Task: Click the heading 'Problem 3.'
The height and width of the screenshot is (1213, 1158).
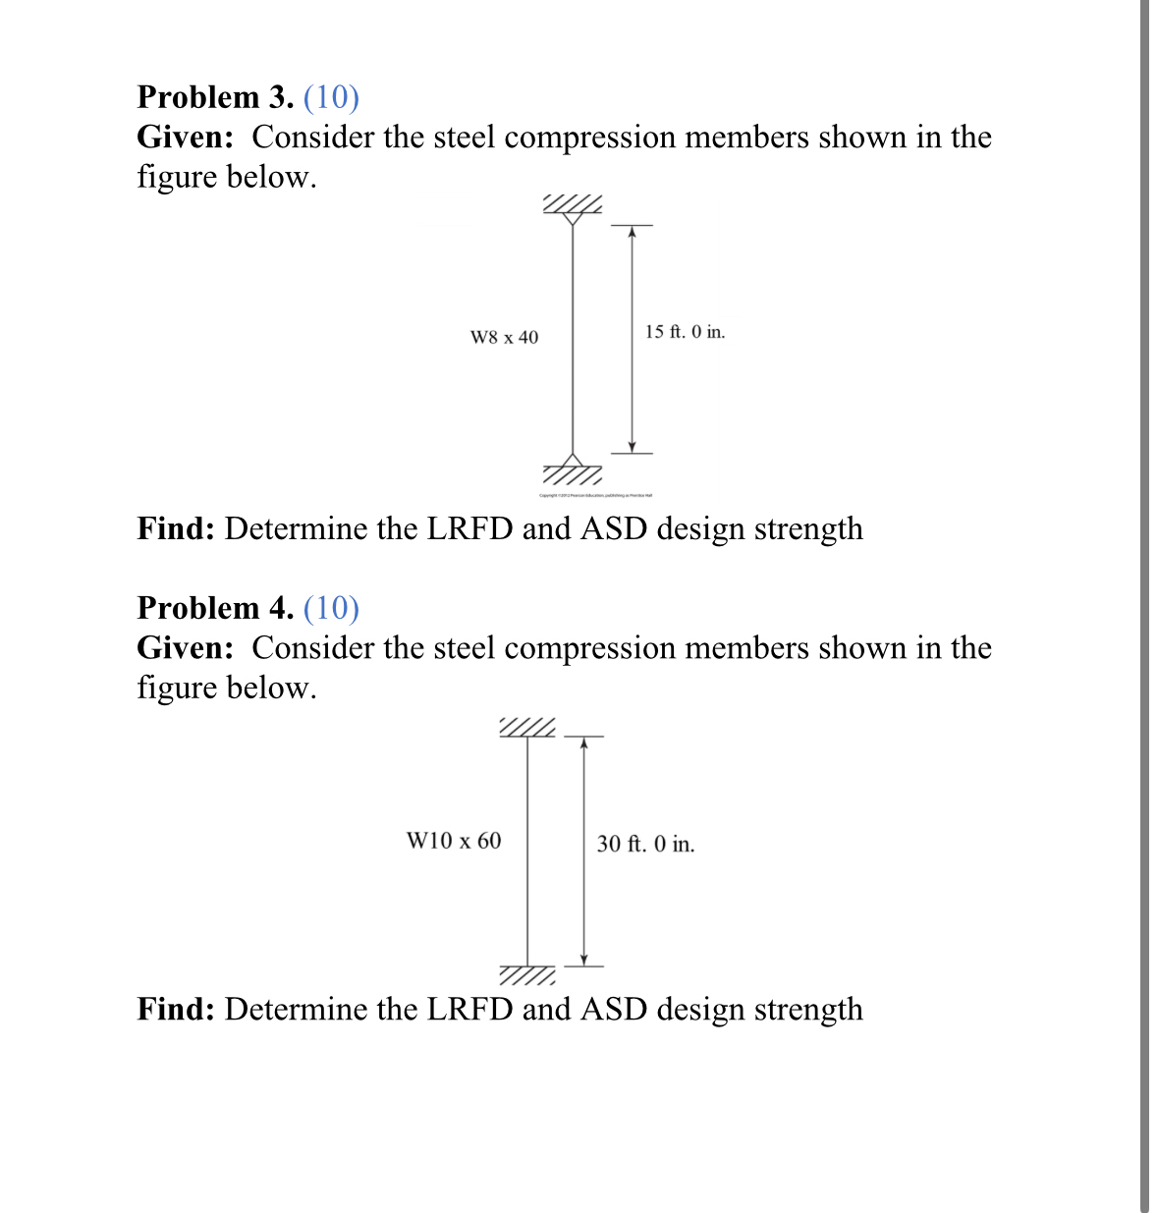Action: point(215,97)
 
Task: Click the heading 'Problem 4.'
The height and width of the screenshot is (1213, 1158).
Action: point(215,608)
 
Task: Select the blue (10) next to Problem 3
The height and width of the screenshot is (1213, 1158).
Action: point(332,97)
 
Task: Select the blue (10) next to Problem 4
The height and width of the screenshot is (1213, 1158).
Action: point(332,608)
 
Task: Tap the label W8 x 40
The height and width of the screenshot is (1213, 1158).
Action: point(504,338)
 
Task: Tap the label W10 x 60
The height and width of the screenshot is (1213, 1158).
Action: point(454,841)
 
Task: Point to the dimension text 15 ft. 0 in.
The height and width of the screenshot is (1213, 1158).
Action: point(685,332)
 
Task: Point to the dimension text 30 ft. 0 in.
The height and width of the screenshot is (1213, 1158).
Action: point(645,844)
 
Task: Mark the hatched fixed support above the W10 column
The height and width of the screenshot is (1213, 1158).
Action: point(527,728)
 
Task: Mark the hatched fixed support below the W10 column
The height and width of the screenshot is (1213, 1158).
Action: point(527,975)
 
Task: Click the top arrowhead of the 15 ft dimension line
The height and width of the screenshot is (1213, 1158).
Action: point(633,232)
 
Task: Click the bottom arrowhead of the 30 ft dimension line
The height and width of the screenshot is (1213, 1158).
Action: point(583,960)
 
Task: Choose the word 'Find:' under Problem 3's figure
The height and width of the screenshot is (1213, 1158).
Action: point(176,528)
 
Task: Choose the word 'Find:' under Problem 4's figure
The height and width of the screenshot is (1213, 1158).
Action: point(176,1009)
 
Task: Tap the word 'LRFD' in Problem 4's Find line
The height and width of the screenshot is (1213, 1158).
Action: point(469,1009)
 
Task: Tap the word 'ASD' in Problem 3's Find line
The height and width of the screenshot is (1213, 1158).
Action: point(613,528)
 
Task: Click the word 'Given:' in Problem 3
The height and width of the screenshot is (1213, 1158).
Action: point(186,138)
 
